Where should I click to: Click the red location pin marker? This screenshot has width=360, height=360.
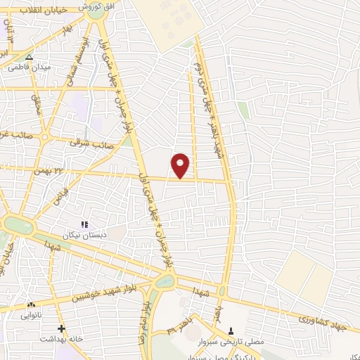pos(181,165)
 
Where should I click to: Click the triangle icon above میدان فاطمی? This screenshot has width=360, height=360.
pos(29,58)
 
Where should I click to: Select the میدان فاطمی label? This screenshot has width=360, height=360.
pos(27,68)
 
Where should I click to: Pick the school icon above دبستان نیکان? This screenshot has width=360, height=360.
pos(84,224)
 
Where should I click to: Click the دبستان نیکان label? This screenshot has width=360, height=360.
pos(84,235)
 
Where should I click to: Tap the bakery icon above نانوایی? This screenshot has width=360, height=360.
pos(30,305)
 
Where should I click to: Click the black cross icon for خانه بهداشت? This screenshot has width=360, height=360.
pos(62,328)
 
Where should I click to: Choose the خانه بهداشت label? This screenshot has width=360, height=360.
pos(62,338)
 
